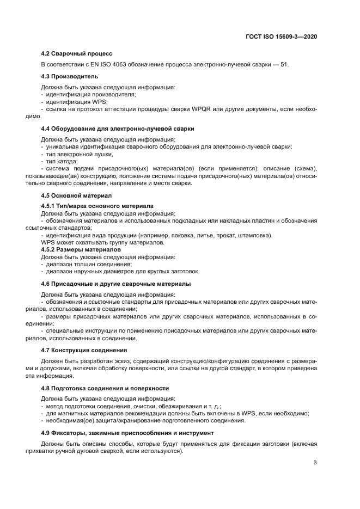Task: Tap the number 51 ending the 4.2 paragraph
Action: pyautogui.click(x=285, y=65)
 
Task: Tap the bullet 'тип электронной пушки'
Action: pyautogui.click(x=75, y=154)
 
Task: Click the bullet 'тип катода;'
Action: pyautogui.click(x=62, y=161)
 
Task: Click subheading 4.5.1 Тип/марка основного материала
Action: pyautogui.click(x=97, y=206)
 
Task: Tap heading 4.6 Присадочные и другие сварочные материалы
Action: pyautogui.click(x=116, y=284)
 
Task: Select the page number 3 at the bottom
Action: pyautogui.click(x=315, y=463)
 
